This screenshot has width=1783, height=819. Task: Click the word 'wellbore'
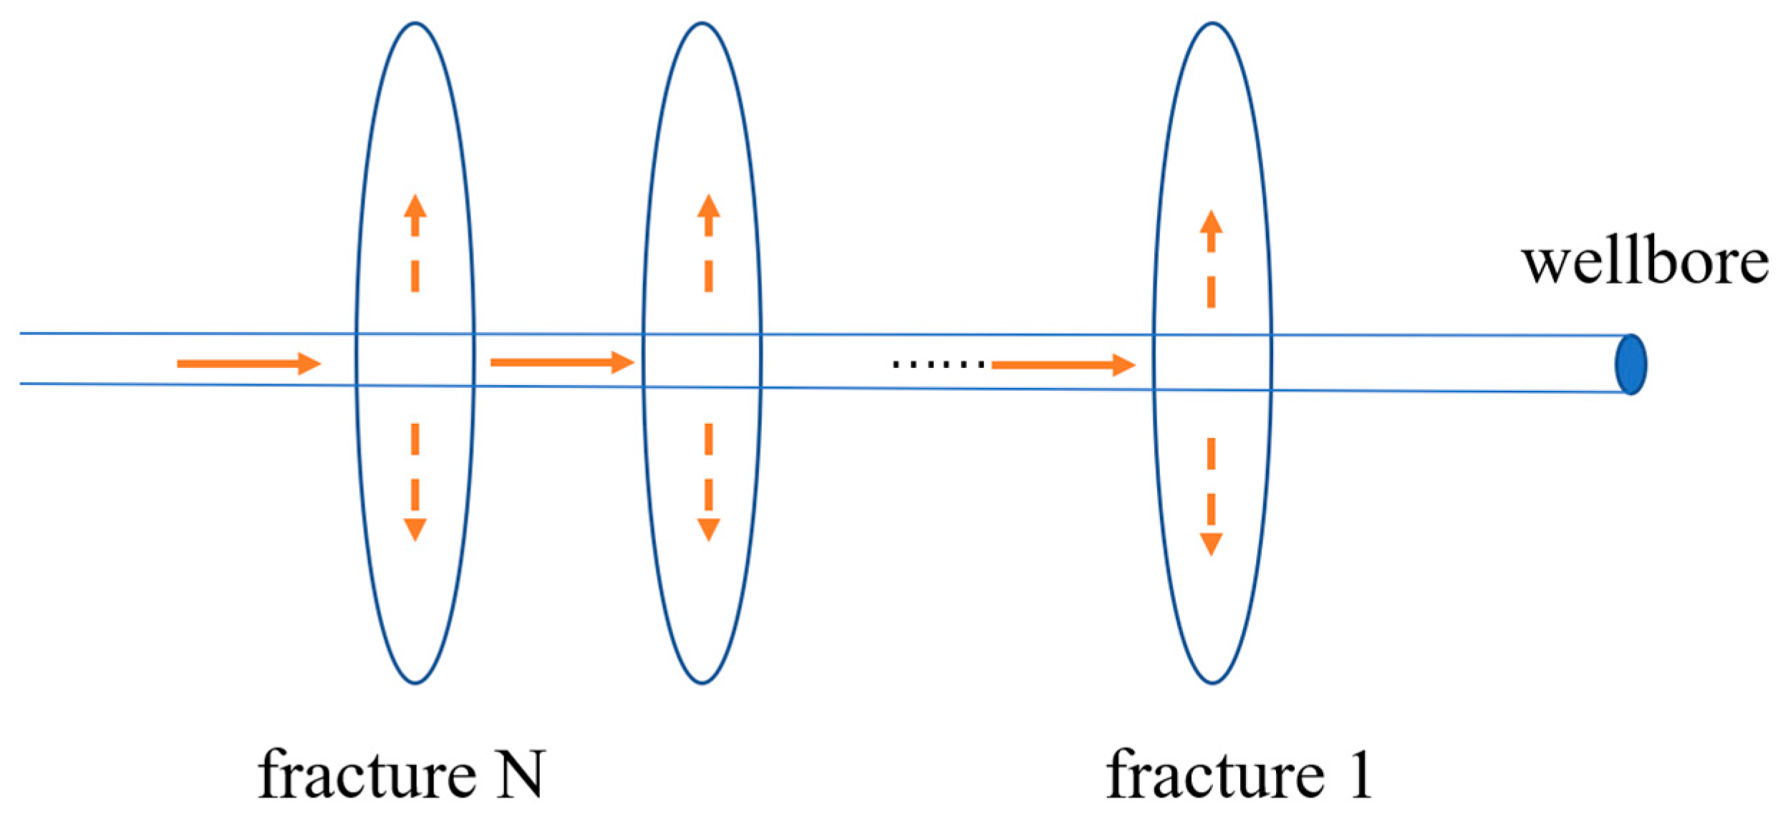[1644, 263]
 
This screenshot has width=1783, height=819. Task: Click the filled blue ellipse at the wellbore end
[1630, 364]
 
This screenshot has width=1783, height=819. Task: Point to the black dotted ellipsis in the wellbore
[938, 365]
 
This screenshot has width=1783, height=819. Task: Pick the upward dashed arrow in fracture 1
[1211, 259]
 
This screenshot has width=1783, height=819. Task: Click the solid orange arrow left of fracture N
[248, 364]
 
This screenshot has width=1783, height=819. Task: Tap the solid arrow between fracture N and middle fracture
[562, 363]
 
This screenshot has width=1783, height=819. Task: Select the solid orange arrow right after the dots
[1063, 366]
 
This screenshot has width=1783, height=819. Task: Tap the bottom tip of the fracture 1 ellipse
[1212, 682]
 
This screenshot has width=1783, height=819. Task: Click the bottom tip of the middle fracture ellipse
[702, 682]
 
